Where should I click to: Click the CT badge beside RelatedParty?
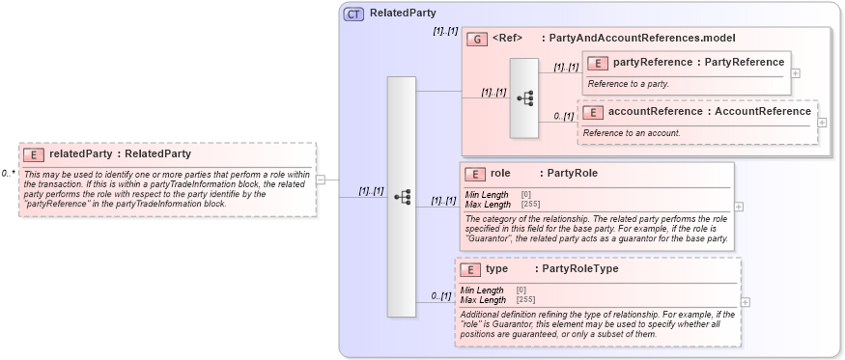tap(353, 14)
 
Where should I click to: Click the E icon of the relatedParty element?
tap(34, 153)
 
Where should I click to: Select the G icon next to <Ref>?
tap(476, 39)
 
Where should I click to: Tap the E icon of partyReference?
tap(598, 63)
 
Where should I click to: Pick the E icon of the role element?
tap(474, 175)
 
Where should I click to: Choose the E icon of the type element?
tap(470, 270)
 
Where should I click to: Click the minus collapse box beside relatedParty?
tap(320, 179)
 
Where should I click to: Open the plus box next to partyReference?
tap(795, 72)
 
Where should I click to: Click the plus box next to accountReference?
tap(822, 122)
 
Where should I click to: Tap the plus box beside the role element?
tap(739, 206)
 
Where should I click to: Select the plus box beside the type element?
tap(745, 301)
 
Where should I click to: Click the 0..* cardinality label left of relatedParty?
tap(8, 174)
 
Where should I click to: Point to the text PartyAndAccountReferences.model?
tap(642, 39)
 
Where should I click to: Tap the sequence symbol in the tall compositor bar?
tap(402, 196)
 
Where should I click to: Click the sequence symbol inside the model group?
tap(524, 97)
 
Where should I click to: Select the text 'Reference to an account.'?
tap(633, 132)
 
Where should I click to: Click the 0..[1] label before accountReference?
tap(564, 117)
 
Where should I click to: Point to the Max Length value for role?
tap(530, 204)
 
